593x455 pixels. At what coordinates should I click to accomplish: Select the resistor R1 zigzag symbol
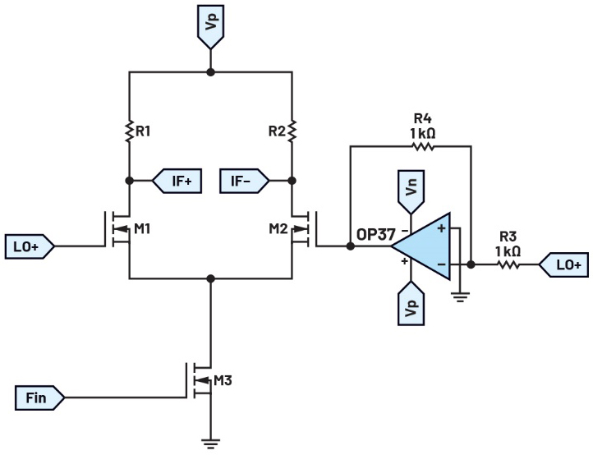(x=129, y=131)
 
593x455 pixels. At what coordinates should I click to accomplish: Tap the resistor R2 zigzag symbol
(x=292, y=131)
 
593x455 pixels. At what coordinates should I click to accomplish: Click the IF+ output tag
(x=177, y=181)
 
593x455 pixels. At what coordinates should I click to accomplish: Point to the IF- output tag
(x=245, y=181)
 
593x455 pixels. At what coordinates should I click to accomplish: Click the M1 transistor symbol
(x=117, y=229)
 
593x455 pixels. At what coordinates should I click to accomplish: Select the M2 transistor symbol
(x=304, y=229)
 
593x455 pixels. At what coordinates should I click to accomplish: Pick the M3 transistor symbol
(x=199, y=380)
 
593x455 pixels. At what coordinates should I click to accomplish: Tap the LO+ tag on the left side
(x=30, y=246)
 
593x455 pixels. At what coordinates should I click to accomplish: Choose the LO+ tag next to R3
(x=563, y=264)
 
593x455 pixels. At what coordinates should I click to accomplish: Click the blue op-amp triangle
(x=421, y=246)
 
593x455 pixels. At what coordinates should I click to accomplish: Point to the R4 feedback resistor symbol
(x=423, y=146)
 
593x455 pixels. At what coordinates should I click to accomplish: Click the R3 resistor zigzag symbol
(x=508, y=264)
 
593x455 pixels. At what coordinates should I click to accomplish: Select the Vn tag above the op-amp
(x=411, y=191)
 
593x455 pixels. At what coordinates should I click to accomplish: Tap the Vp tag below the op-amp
(x=411, y=303)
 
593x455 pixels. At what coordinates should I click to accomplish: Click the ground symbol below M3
(x=210, y=444)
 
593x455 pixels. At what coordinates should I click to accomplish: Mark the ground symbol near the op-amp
(x=460, y=297)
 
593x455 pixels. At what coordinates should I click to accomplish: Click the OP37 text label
(x=376, y=235)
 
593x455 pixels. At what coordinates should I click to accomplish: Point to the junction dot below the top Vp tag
(x=210, y=71)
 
